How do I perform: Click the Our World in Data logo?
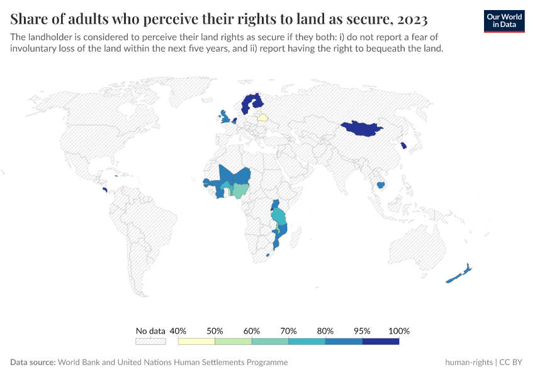pos(504,21)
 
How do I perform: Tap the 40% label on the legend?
pos(178,331)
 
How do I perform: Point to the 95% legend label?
pos(362,331)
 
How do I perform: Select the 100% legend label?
pos(399,331)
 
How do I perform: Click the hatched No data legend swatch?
pos(150,341)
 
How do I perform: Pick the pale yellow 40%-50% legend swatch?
pos(196,341)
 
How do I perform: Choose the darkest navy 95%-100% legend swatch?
pos(381,341)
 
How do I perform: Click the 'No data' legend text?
pos(150,331)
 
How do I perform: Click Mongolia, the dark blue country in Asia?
pos(361,128)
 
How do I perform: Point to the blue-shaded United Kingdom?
pos(224,117)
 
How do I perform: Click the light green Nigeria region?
pos(240,189)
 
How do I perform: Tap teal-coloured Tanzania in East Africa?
pos(278,217)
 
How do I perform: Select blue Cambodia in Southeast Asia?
pos(380,185)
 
